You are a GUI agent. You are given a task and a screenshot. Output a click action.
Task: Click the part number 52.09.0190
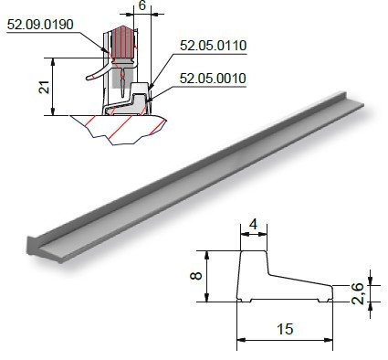tap(40, 25)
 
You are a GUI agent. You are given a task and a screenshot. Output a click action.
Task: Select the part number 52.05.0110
tap(213, 46)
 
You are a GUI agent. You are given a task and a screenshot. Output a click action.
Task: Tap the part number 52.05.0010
tap(213, 79)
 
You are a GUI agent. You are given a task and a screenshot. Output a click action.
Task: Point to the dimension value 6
tap(142, 5)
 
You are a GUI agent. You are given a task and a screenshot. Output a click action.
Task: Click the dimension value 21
tap(45, 88)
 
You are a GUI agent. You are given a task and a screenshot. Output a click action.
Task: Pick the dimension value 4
tap(253, 225)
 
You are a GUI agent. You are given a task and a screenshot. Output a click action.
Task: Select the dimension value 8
tap(196, 276)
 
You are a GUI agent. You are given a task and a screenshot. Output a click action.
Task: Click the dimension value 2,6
tap(358, 293)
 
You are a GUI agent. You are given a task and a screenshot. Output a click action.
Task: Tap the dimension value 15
tap(285, 330)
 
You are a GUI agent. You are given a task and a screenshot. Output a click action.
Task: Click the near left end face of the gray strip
tap(32, 245)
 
